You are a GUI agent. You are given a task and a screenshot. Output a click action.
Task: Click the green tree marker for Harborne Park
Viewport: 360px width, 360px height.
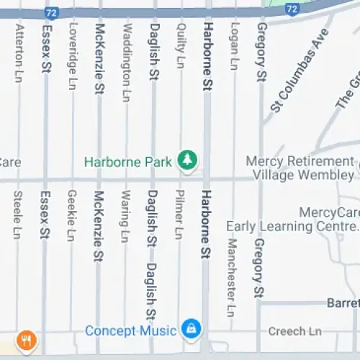click(x=188, y=160)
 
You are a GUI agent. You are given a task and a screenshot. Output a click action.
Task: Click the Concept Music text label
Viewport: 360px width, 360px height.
click(x=130, y=330)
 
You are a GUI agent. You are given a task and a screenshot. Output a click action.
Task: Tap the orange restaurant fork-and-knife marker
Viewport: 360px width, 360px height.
click(x=27, y=339)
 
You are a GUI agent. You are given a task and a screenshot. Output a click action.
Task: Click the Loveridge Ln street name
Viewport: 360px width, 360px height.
click(x=71, y=56)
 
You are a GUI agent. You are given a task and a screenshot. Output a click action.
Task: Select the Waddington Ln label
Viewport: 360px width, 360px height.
click(x=127, y=61)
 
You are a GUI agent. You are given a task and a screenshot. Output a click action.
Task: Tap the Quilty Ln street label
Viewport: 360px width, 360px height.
click(x=180, y=45)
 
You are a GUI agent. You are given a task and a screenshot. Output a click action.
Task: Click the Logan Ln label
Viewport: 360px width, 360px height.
click(x=233, y=45)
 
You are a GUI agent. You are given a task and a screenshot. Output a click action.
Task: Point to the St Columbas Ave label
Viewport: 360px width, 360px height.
click(x=300, y=72)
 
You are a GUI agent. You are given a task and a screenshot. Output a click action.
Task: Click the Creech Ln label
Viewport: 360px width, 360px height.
click(x=291, y=331)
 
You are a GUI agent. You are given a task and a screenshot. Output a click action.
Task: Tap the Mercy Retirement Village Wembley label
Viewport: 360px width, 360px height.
click(x=301, y=168)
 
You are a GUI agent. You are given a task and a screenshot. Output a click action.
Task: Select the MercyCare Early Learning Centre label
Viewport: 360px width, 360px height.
click(x=294, y=220)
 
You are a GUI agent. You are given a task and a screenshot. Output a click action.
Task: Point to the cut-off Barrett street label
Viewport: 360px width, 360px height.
click(x=342, y=303)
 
